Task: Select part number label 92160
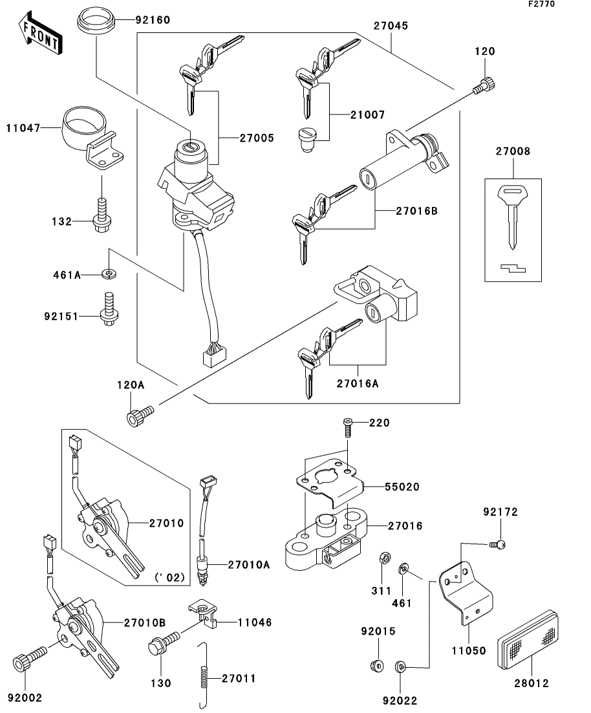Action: point(153,20)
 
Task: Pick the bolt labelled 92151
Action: point(109,309)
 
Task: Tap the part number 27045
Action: point(391,26)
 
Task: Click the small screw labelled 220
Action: point(348,428)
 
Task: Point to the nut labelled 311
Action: point(383,557)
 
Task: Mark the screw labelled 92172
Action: point(497,544)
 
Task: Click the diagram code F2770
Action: point(541,4)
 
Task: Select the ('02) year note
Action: point(169,577)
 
